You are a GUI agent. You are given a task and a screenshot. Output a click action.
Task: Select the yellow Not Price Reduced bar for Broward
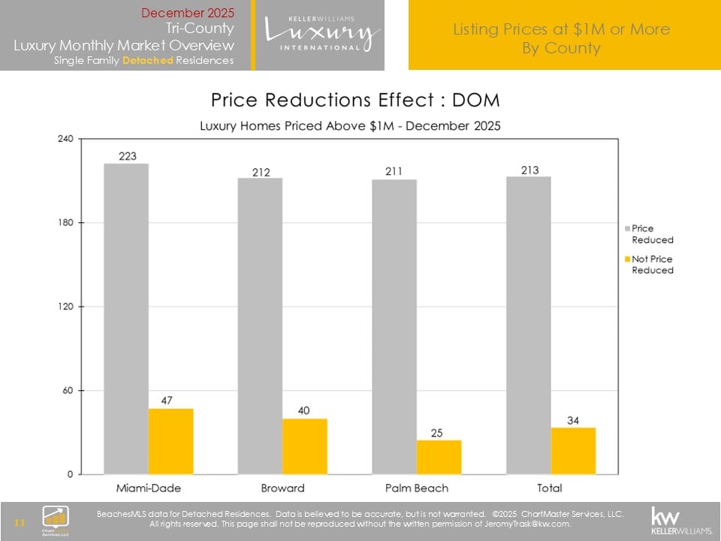pyautogui.click(x=304, y=446)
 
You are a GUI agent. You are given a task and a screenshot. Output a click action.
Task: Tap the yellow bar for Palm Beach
pyautogui.click(x=439, y=457)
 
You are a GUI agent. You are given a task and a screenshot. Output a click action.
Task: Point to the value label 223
pyautogui.click(x=127, y=156)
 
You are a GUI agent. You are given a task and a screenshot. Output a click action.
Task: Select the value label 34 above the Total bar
pyautogui.click(x=573, y=420)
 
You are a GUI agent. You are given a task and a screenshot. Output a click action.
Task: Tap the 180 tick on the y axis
pyautogui.click(x=65, y=223)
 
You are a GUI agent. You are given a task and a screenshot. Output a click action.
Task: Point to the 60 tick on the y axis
pyautogui.click(x=68, y=391)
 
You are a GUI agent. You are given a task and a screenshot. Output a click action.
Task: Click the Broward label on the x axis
pyautogui.click(x=282, y=488)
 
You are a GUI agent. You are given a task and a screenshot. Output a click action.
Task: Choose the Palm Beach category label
pyautogui.click(x=416, y=488)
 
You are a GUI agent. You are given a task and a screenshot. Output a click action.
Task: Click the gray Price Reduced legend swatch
pyautogui.click(x=627, y=228)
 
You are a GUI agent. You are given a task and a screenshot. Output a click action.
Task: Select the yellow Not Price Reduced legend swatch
pyautogui.click(x=627, y=258)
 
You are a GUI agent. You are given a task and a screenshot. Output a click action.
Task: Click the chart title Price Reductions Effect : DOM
pyautogui.click(x=355, y=100)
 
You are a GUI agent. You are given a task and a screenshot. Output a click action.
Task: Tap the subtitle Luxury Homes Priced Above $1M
pyautogui.click(x=350, y=125)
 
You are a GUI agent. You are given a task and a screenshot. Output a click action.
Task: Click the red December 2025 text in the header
pyautogui.click(x=188, y=13)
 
